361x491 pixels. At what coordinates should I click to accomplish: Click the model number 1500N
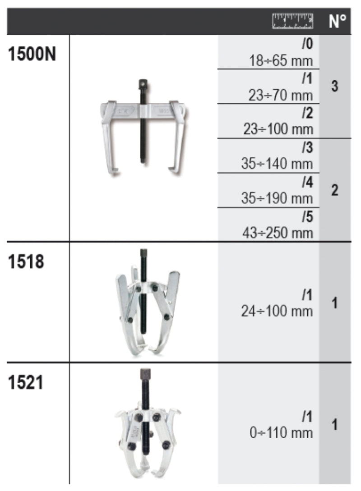(x=32, y=54)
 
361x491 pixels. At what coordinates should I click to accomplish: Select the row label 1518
(x=26, y=262)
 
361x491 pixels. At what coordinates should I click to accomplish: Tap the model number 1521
(x=25, y=382)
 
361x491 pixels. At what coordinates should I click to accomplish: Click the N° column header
(x=338, y=21)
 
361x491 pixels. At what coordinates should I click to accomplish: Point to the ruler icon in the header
(x=293, y=21)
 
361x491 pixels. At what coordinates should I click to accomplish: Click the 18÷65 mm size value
(x=281, y=60)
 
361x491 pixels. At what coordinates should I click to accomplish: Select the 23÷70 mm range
(x=281, y=95)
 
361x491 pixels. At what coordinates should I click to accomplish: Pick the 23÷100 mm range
(x=278, y=129)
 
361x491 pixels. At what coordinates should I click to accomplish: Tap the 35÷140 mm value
(x=277, y=164)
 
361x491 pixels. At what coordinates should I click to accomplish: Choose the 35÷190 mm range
(x=277, y=198)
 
